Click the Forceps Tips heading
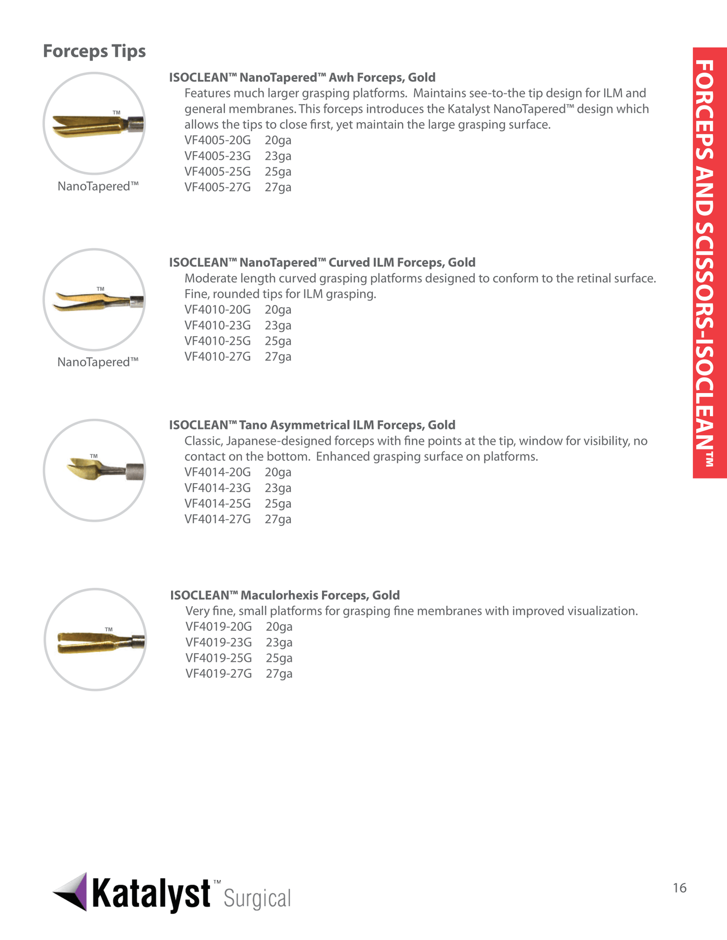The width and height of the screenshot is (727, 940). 94,51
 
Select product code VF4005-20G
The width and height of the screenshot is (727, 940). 217,140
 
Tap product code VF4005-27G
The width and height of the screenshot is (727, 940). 217,187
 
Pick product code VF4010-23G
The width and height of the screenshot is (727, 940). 217,326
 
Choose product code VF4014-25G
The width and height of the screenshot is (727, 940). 217,504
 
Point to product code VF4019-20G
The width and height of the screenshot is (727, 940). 218,627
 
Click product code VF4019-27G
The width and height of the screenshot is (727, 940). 218,674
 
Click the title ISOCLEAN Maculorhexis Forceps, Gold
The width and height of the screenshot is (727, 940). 285,596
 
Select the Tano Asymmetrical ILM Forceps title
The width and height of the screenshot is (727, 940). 312,425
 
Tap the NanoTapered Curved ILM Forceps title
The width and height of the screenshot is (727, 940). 322,263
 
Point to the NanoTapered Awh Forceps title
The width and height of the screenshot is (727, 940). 302,78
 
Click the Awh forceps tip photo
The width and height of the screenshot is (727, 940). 95,124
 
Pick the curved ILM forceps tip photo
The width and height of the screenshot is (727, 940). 95,300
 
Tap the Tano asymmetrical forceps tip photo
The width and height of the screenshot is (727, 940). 95,471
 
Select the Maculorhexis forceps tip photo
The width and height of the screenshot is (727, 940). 95,640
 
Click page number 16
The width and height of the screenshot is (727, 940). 679,888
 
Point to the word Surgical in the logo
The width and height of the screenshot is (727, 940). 257,899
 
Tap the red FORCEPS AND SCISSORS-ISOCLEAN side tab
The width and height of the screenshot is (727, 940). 709,262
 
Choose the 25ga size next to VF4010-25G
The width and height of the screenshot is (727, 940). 278,341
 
